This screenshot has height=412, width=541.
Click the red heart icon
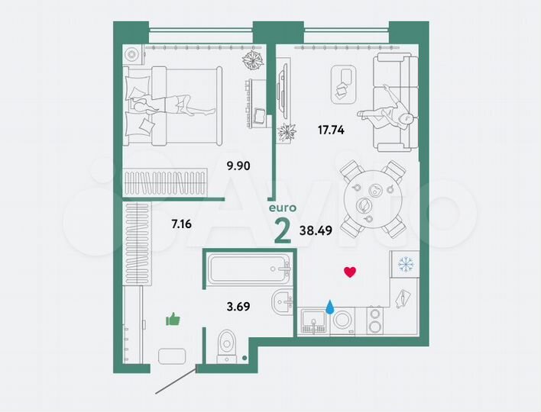350,272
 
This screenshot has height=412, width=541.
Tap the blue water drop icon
330,307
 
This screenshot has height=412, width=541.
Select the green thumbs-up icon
173,319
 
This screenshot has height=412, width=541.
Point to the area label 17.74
331,130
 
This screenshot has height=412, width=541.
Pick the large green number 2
282,229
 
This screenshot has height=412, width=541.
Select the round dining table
371,199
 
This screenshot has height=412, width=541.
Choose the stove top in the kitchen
374,320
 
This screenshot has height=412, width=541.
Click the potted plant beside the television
287,132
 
